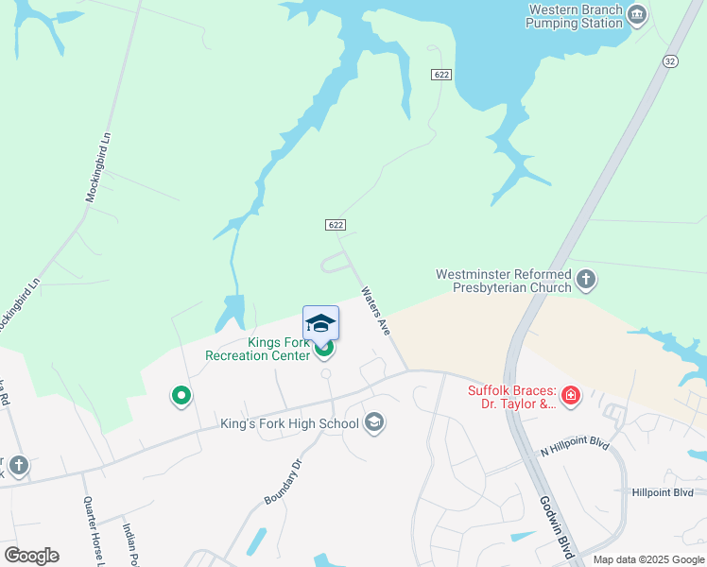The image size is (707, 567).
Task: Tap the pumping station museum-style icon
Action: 637,14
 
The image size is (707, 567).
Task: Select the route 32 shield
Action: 669,60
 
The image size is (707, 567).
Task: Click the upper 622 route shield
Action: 440,74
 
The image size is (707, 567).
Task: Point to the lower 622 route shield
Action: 336,225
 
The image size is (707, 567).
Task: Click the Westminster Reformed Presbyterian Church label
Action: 503,281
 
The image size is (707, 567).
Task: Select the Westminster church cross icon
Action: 586,280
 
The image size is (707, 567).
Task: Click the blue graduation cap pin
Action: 320,323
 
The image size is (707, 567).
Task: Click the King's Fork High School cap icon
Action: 374,422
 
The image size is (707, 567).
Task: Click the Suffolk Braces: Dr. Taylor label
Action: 511,397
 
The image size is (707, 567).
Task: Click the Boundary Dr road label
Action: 282,481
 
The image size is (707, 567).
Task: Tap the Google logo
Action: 31,556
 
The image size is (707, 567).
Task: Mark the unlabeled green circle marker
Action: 181,396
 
